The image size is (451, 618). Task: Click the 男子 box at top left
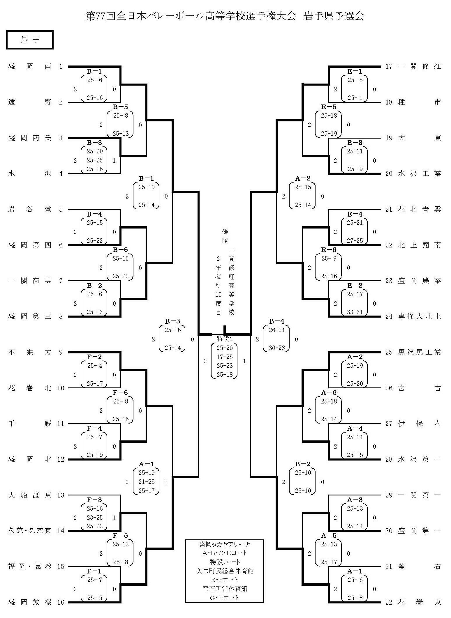(x=29, y=40)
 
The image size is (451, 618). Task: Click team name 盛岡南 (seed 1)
(x=30, y=66)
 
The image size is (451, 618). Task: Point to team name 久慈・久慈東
(x=30, y=531)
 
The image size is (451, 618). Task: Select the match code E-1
(x=354, y=71)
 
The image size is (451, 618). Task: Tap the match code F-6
(x=120, y=393)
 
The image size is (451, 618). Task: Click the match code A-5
(x=329, y=536)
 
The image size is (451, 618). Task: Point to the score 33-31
(x=355, y=312)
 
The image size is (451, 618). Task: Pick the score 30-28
(x=276, y=348)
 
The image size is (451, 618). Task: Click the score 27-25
(x=355, y=241)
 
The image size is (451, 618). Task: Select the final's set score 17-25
(x=225, y=357)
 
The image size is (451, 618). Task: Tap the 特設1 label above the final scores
(x=224, y=339)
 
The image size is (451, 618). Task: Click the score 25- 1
(x=355, y=98)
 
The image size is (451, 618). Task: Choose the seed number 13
(x=61, y=495)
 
